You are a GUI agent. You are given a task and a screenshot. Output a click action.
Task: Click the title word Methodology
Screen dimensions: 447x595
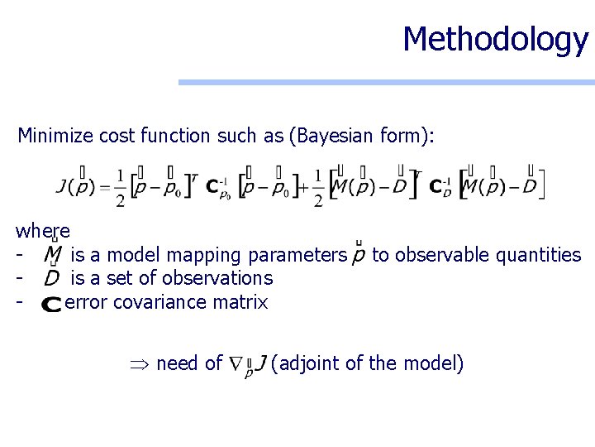(495, 39)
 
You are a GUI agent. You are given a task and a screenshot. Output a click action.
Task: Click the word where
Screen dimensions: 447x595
(43, 230)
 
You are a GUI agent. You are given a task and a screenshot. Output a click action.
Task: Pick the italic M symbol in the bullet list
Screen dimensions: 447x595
(53, 254)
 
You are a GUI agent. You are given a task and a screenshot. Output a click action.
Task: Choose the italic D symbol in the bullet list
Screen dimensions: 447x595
(52, 278)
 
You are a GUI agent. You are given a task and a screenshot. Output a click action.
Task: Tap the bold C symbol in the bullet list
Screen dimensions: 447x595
(51, 304)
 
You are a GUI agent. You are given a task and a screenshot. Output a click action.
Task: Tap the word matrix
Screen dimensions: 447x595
(240, 302)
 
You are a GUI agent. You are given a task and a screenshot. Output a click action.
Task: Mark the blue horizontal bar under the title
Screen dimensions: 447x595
(387, 82)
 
